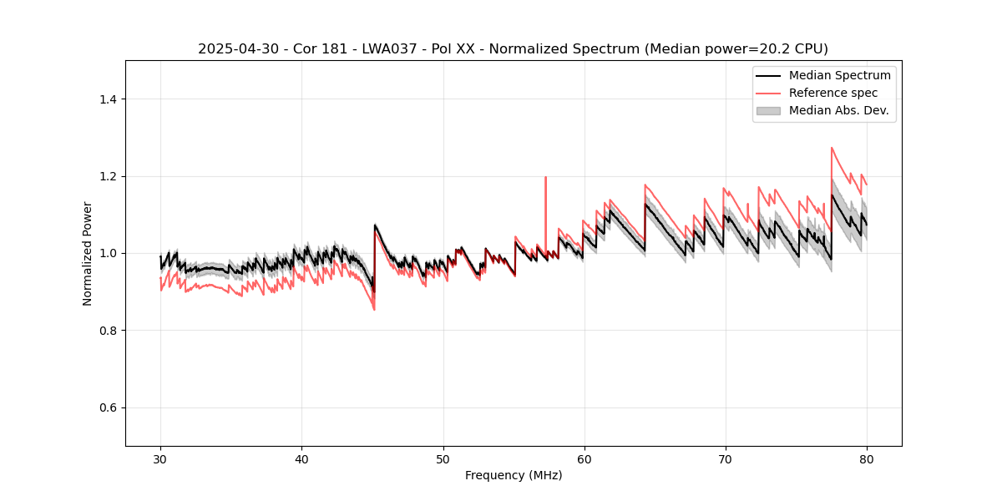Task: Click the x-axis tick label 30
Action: (160, 459)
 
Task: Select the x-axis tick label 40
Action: (301, 459)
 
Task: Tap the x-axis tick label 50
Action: (443, 459)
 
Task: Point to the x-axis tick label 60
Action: (584, 459)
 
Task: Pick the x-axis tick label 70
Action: (726, 459)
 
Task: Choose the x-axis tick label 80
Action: (867, 459)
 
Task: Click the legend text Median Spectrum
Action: (839, 75)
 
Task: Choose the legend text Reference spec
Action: (833, 93)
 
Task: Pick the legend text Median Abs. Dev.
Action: (838, 110)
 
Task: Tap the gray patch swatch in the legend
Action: (768, 110)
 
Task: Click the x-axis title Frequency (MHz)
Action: (514, 475)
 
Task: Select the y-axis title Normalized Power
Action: (88, 253)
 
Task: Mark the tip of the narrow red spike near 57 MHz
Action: (545, 177)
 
